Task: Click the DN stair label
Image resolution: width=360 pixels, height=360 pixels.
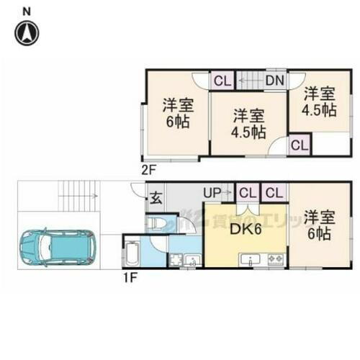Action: (x=274, y=81)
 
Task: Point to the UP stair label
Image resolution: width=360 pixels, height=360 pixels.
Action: (x=213, y=193)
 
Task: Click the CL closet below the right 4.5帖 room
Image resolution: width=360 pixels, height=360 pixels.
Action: (x=300, y=145)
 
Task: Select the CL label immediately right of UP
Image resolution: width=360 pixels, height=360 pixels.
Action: (x=246, y=193)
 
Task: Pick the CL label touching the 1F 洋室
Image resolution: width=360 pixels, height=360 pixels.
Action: (x=273, y=193)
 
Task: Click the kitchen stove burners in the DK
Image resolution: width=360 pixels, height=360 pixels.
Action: (x=274, y=258)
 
